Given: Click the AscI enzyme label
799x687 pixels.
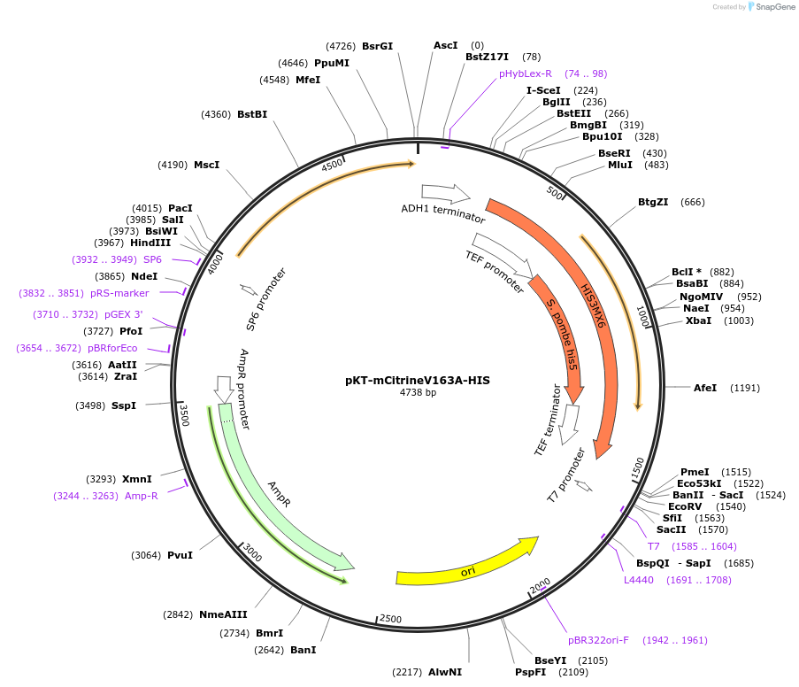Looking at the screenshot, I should coord(445,45).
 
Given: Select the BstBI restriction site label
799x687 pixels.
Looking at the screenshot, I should coord(252,114).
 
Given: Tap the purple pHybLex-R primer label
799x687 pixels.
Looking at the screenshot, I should coord(525,73).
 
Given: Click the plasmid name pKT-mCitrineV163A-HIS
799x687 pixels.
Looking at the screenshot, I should coord(418,380).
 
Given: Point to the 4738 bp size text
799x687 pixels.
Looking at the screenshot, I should coord(418,392).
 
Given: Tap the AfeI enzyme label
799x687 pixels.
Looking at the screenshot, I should coord(705,388).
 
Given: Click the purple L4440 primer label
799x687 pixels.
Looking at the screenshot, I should coord(638,580).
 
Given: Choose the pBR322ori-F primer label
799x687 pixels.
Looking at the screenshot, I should coord(598,640).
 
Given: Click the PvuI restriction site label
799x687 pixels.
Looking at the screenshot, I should coord(180,555).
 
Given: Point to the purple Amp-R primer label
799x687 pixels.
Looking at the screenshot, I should coord(142,496).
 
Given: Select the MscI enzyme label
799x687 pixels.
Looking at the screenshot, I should coord(206,165).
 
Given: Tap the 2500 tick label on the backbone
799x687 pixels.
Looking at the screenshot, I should coord(390,619).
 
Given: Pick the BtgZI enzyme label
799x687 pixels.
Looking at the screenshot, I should coord(653,203).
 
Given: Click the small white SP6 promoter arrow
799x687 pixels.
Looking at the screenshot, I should coord(248,289).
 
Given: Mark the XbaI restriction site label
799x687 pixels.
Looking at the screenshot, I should coord(698,320).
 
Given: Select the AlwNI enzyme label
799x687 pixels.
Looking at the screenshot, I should coord(445,672).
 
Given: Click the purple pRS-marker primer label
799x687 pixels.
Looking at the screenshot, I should coord(120,293).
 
